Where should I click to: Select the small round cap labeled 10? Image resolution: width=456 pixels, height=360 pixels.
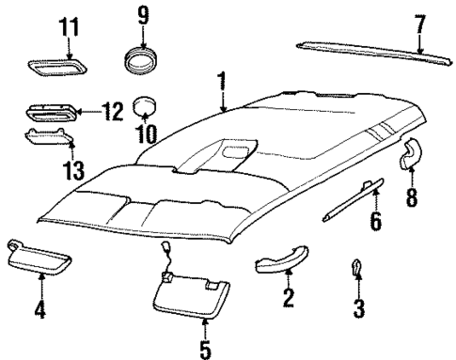click(x=144, y=106)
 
